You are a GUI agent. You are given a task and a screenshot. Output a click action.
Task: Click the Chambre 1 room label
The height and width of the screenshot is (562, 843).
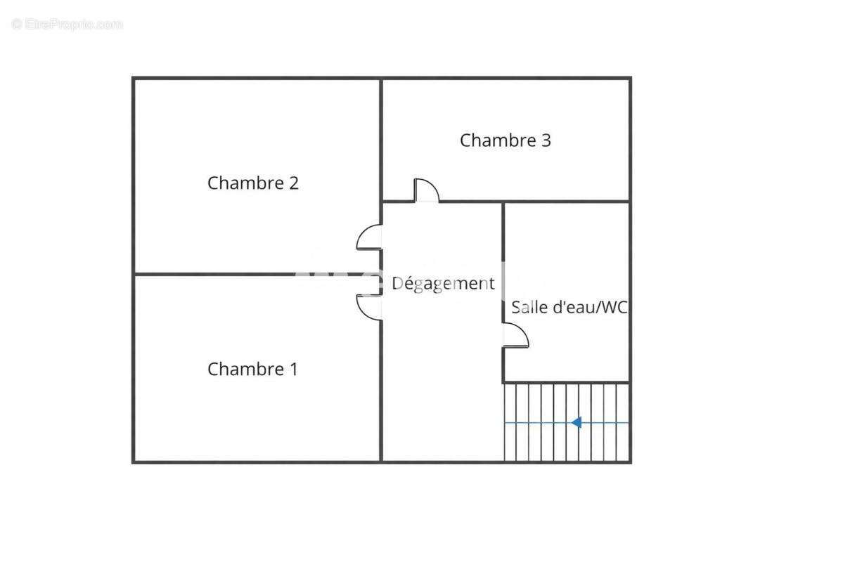click(252, 369)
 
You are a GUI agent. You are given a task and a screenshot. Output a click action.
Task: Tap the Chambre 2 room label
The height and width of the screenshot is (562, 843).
click(253, 183)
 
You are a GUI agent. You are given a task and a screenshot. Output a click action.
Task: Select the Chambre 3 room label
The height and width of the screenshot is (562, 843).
click(505, 140)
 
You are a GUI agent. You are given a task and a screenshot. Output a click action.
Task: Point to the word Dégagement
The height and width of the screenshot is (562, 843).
click(443, 284)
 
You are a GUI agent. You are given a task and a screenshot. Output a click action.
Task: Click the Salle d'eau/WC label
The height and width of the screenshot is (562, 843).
click(569, 307)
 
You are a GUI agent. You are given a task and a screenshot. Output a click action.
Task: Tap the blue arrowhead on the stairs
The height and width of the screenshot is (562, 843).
click(577, 422)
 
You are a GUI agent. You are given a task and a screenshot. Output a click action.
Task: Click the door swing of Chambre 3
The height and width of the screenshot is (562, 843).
click(426, 190)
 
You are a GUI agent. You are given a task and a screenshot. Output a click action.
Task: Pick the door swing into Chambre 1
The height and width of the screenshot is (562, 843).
click(369, 307)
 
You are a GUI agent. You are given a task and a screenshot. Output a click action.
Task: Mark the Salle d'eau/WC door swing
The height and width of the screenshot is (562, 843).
click(515, 335)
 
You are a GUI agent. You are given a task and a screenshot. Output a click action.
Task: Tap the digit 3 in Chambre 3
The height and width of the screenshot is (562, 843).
click(546, 140)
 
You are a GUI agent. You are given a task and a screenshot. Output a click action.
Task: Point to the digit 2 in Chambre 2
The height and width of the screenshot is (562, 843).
click(293, 183)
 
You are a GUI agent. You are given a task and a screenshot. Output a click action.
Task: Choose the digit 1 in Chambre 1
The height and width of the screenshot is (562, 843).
click(293, 369)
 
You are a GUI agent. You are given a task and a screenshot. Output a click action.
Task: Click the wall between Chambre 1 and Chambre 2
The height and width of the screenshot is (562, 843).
click(257, 274)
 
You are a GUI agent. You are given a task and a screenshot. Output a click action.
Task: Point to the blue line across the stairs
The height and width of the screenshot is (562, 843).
click(534, 423)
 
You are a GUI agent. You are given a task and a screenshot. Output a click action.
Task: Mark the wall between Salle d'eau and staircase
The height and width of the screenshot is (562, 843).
click(566, 382)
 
